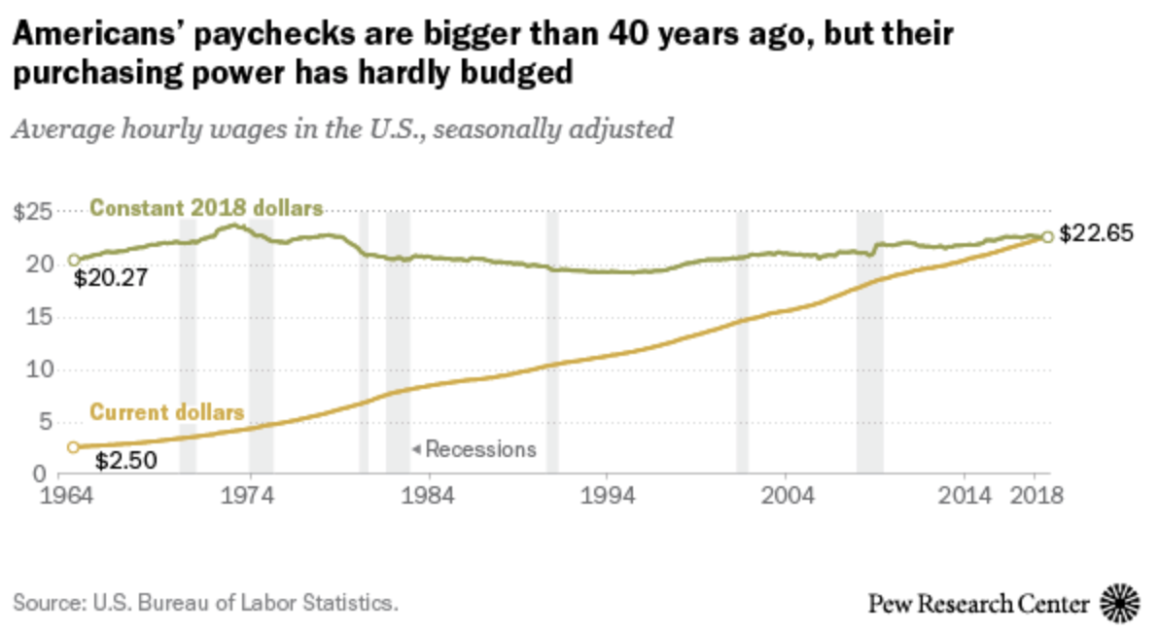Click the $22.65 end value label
pos(1097,234)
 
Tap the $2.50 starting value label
pos(121,460)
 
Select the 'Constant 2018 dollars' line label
pos(206,208)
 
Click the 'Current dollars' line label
pos(166,412)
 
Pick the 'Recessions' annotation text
pos(480,449)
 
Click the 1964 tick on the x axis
pos(73,494)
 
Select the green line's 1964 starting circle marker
pos(73,261)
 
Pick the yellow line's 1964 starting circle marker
pos(73,447)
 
